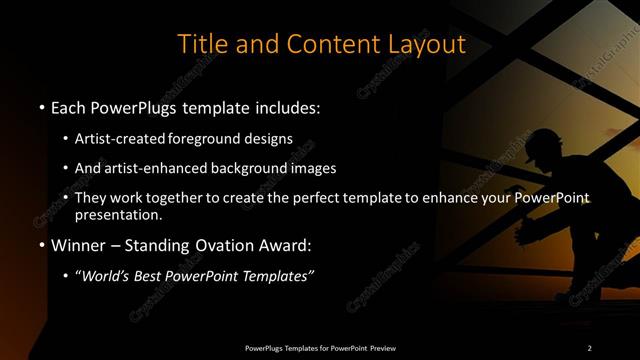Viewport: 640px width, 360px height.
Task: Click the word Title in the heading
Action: (197, 44)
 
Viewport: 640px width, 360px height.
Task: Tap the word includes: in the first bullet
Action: (286, 107)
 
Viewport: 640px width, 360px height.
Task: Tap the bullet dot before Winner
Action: (41, 246)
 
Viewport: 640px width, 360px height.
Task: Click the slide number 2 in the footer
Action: (590, 347)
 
